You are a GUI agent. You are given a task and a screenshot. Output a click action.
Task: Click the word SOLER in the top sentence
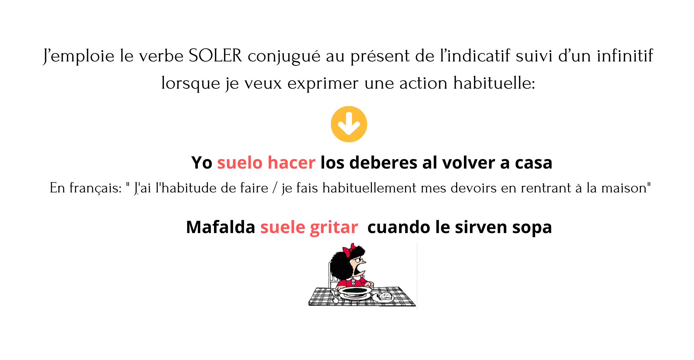coord(215,56)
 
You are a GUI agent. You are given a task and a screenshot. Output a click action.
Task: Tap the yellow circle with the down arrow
coord(349,124)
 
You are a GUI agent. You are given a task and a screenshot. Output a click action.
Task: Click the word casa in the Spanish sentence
coord(533,163)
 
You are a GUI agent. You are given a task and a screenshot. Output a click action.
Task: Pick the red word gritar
coord(334,227)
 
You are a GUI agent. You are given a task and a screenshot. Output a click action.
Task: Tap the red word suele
coord(283,227)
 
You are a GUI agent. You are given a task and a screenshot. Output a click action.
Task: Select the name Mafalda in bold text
coord(221,227)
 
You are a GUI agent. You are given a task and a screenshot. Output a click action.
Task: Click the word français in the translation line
coord(95,188)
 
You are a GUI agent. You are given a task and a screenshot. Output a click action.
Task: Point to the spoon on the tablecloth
coord(334,297)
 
